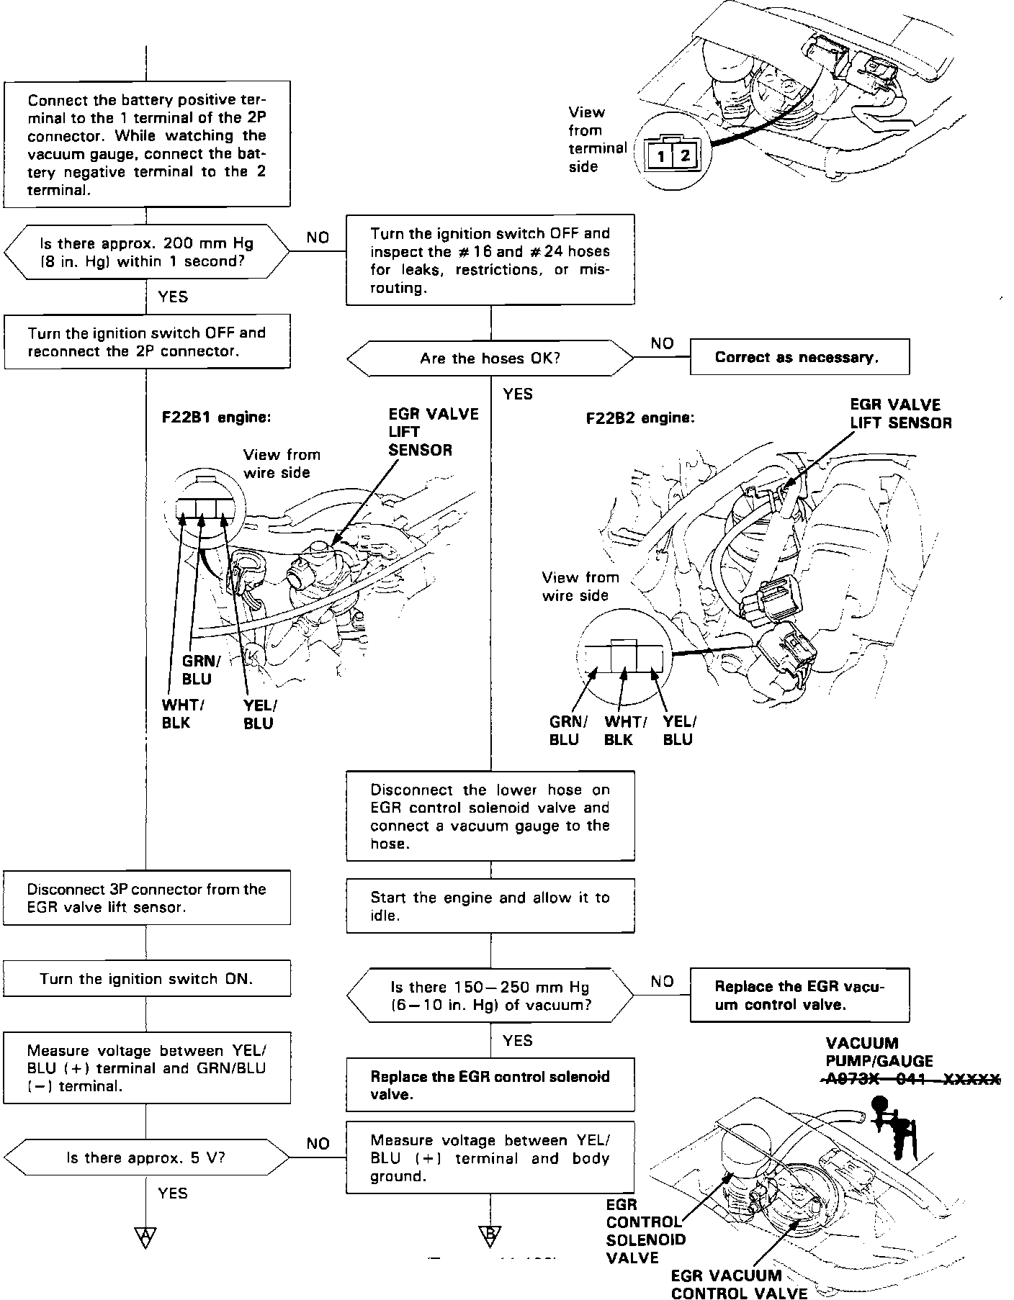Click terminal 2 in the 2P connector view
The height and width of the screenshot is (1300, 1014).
[684, 155]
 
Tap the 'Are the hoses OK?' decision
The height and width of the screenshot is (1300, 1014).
[490, 358]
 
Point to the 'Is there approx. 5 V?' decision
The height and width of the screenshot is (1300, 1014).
[146, 1157]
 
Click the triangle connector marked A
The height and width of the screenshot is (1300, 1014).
[145, 1236]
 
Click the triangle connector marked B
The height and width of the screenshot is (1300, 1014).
[490, 1236]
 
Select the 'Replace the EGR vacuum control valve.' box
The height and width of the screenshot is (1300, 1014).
[799, 996]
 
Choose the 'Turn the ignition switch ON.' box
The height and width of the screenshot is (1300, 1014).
[146, 978]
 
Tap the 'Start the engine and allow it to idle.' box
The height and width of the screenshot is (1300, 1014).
[490, 906]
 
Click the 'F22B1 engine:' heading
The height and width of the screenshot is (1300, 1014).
[216, 417]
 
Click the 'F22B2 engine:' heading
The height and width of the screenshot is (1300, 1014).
[640, 417]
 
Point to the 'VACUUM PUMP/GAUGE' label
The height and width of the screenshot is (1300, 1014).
[879, 1052]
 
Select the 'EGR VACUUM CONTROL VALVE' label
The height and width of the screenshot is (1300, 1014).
[739, 1284]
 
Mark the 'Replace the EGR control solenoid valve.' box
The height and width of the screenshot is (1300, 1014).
[490, 1085]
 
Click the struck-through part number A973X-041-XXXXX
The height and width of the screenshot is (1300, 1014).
[910, 1079]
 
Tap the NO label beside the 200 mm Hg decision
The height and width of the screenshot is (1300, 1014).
[318, 238]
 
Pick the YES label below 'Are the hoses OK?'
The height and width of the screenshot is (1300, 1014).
[518, 394]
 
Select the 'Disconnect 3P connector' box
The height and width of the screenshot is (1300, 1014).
[146, 898]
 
